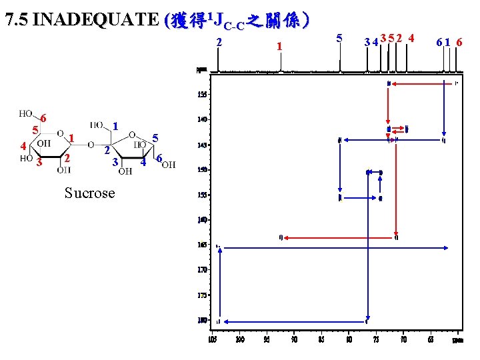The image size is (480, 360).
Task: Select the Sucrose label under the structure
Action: [89, 193]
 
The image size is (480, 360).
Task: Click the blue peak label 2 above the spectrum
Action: [219, 43]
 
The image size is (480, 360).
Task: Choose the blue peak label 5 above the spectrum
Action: [340, 38]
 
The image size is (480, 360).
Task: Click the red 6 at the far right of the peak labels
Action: [460, 43]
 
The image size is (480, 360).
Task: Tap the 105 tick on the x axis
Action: [213, 339]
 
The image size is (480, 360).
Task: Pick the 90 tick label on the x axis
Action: [294, 339]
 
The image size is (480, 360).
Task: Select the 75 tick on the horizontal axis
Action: [376, 339]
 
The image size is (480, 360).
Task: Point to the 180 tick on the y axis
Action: [202, 320]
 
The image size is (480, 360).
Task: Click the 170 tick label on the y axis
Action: [202, 270]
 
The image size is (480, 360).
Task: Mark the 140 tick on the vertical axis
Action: [202, 119]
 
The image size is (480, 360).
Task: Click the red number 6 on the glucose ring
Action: [43, 117]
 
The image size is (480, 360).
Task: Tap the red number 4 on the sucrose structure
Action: [23, 146]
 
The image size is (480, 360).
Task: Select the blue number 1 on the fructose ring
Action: [115, 125]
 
